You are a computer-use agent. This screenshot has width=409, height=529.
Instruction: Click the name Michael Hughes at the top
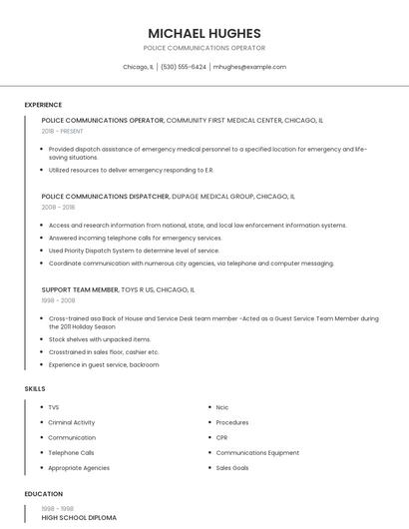tap(204, 33)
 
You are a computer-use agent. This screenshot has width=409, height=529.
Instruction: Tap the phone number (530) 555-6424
tap(183, 67)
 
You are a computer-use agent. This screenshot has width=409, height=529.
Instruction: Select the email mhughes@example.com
tap(249, 67)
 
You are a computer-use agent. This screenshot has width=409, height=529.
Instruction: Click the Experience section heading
tap(43, 105)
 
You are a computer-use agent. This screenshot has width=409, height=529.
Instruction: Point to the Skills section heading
tap(35, 388)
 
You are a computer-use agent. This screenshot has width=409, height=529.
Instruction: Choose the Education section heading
tap(43, 493)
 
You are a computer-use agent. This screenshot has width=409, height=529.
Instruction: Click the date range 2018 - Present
tap(63, 131)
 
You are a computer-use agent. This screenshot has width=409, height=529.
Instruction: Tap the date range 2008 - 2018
tap(58, 208)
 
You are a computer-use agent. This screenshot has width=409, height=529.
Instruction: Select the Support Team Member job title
tap(80, 288)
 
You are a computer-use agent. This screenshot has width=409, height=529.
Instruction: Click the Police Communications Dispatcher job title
tap(105, 197)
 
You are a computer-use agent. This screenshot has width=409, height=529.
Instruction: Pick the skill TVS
tap(54, 407)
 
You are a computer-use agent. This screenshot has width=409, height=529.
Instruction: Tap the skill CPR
tap(222, 437)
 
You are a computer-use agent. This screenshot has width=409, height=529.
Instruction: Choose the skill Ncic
tap(222, 407)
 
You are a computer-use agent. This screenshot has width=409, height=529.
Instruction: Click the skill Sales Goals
tap(232, 467)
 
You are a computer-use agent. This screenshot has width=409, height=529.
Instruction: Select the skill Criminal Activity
tap(72, 422)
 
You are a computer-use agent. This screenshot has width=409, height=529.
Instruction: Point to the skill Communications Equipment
tap(257, 452)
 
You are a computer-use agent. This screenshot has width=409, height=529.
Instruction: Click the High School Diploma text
tap(79, 518)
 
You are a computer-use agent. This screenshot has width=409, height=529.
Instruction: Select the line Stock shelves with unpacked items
tap(100, 339)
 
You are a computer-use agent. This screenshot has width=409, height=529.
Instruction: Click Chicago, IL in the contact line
tap(138, 67)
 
